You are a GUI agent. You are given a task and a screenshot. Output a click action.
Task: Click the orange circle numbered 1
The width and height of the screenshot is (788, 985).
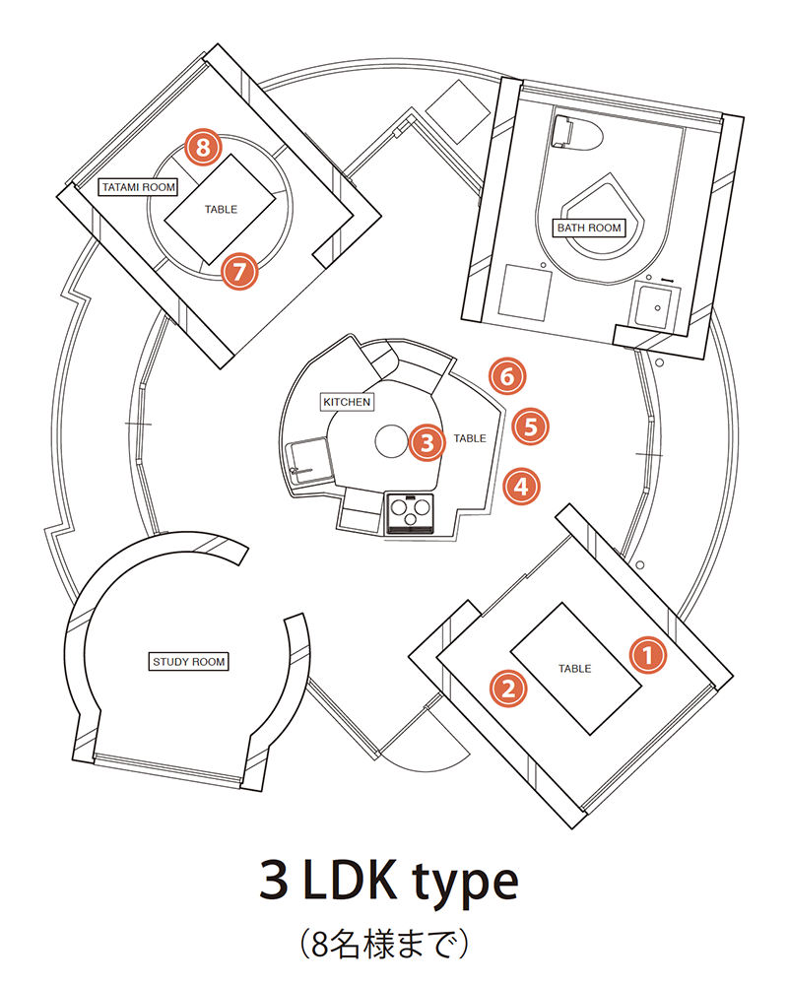point(647,654)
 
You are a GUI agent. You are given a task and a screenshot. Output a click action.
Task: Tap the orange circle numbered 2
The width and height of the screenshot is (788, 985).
point(508,688)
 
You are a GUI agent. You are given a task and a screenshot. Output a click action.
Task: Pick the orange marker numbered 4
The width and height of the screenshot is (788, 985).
point(521,486)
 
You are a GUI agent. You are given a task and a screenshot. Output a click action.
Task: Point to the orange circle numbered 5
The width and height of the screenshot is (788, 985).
point(530,427)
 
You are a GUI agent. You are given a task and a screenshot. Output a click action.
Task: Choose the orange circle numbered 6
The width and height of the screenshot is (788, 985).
point(506,375)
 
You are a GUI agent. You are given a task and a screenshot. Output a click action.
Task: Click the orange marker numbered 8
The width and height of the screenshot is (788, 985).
point(203,149)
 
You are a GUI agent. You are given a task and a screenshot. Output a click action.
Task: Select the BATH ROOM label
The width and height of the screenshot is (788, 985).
point(590,228)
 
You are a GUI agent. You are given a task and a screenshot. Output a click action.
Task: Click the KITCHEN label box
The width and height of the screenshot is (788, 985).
point(347,402)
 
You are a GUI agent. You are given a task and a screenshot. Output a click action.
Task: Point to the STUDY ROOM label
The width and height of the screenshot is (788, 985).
point(188,661)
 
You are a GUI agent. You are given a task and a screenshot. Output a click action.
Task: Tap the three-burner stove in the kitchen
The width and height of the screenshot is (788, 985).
point(411,513)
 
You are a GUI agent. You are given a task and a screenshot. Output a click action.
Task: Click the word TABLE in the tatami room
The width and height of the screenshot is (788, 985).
point(221,209)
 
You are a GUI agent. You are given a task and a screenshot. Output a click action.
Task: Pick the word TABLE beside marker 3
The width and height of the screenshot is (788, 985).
point(470,438)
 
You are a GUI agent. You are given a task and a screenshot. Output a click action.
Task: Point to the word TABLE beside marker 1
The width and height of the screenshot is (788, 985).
point(574,669)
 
